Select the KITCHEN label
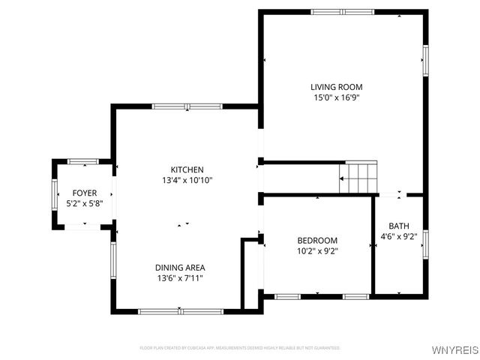187,169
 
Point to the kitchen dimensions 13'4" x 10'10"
187,180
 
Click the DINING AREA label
180,267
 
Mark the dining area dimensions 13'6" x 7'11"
180,278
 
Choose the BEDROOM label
318,240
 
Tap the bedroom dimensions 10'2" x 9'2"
318,251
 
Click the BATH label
399,226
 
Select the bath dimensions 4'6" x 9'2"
399,238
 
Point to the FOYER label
84,193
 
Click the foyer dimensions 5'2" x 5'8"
84,203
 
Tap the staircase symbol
358,178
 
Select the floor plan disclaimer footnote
240,348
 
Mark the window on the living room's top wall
342,12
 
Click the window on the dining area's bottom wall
180,310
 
